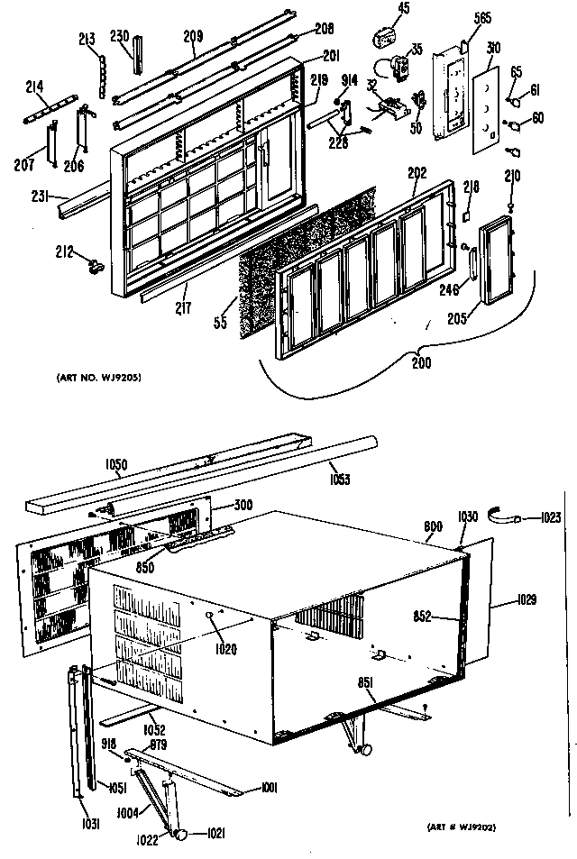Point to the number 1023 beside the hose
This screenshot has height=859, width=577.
click(550, 518)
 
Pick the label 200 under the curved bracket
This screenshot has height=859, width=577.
click(419, 365)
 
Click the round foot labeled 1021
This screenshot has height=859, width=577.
click(180, 833)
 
